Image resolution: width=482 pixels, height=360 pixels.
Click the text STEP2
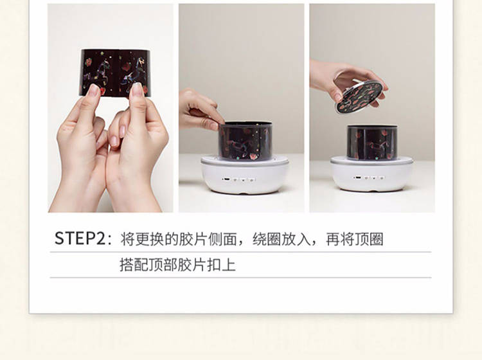click(80, 239)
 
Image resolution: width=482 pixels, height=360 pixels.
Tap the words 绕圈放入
click(281, 239)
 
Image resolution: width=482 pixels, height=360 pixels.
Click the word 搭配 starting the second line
click(134, 265)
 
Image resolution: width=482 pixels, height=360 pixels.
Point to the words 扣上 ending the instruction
click(221, 265)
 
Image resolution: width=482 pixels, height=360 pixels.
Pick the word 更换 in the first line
click(149, 239)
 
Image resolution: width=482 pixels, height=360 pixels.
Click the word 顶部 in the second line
click(163, 265)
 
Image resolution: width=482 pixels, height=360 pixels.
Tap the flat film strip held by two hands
click(115, 73)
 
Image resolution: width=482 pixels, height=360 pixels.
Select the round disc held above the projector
click(361, 96)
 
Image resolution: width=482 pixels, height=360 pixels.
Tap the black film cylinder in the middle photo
click(245, 141)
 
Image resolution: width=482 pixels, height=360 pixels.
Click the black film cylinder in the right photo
click(372, 142)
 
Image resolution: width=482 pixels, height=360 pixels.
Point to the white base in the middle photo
click(245, 175)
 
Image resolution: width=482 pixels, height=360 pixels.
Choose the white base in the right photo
click(372, 174)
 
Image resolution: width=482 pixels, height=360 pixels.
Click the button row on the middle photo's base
click(239, 179)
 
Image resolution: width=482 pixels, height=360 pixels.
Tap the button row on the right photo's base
click(369, 177)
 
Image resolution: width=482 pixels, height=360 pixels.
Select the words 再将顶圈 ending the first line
click(354, 239)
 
